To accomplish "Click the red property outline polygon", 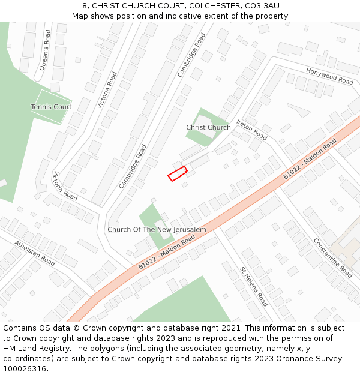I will pyautogui.click(x=177, y=174).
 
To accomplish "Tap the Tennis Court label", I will pyautogui.click(x=51, y=107).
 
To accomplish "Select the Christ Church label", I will pyautogui.click(x=208, y=127).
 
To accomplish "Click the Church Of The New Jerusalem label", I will pyautogui.click(x=157, y=230).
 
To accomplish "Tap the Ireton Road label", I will pyautogui.click(x=251, y=130).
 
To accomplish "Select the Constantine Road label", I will pyautogui.click(x=332, y=257).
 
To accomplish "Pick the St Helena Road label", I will pyautogui.click(x=254, y=287).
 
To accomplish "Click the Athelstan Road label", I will pyautogui.click(x=35, y=253).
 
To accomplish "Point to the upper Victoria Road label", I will pyautogui.click(x=107, y=89).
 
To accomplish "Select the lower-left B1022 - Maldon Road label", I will pyautogui.click(x=167, y=252).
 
